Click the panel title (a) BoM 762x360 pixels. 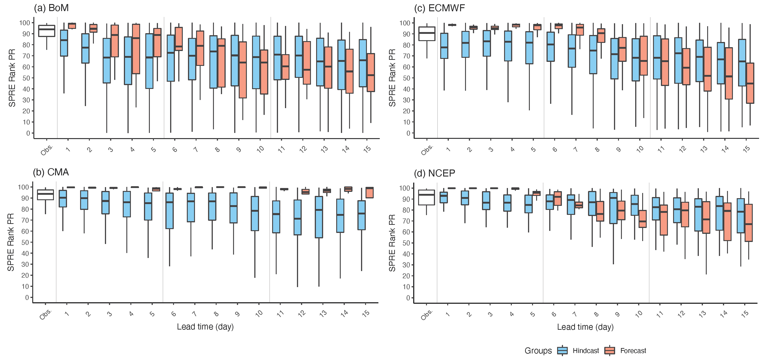tap(51, 8)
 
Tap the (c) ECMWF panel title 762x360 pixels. tap(439, 8)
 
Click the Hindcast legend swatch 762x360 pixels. tap(562, 351)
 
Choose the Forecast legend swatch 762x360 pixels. tap(610, 351)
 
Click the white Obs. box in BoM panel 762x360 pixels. tap(47, 31)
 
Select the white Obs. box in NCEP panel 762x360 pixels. tap(426, 197)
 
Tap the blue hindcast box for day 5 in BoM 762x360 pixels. tap(149, 61)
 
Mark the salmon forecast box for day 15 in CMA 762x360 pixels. tap(369, 193)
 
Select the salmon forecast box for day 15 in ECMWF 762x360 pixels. tap(750, 83)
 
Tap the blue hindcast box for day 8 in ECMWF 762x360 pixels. tap(593, 54)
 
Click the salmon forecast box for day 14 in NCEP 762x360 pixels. tap(727, 222)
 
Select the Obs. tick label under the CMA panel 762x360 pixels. tap(46, 314)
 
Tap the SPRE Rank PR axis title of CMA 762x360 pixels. tap(11, 242)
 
